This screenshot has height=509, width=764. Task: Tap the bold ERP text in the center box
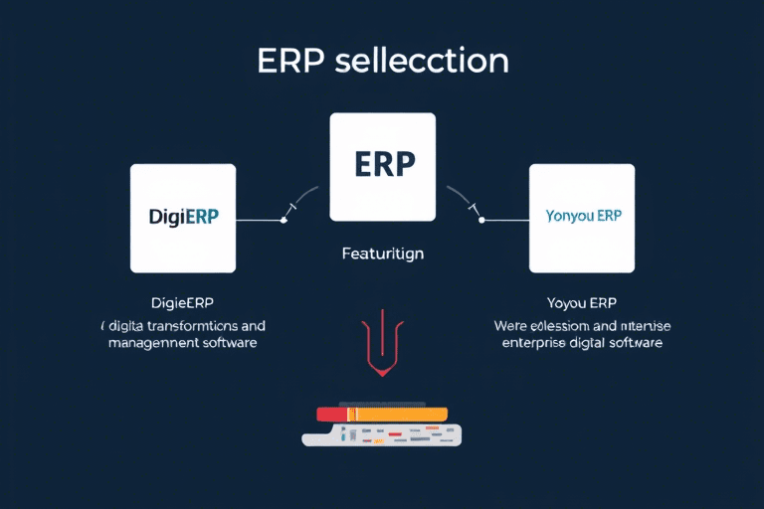[382, 165]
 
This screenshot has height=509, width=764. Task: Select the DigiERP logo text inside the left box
[183, 218]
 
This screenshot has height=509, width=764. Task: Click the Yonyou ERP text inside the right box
[582, 216]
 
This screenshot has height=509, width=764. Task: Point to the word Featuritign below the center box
[382, 254]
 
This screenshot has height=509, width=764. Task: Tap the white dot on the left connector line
[285, 220]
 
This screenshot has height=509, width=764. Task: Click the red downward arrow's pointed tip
[382, 375]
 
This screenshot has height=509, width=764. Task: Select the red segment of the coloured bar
[329, 414]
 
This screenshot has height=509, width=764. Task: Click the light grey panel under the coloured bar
[382, 434]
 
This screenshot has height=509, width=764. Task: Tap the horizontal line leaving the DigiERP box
[259, 220]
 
